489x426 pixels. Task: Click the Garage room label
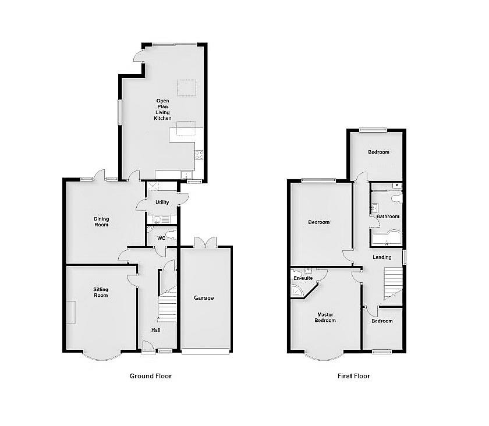(x=204, y=298)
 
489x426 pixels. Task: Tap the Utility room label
(x=162, y=203)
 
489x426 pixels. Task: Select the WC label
(x=161, y=238)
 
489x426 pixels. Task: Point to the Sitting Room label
(x=101, y=292)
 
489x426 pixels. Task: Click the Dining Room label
(x=101, y=222)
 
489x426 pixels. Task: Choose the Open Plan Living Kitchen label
(x=162, y=109)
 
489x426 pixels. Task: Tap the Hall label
(x=156, y=330)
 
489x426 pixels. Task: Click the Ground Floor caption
(x=151, y=376)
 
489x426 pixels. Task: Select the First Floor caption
(x=354, y=376)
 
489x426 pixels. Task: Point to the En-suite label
(x=303, y=278)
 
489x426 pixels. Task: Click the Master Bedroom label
(x=325, y=318)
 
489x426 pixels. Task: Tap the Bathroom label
(x=388, y=216)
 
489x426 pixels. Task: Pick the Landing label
(x=382, y=257)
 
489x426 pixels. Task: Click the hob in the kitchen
(x=199, y=155)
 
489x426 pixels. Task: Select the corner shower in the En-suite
(x=297, y=290)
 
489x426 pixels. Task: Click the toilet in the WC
(x=172, y=236)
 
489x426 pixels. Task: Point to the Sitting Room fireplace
(x=71, y=312)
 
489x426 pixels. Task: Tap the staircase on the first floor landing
(x=393, y=283)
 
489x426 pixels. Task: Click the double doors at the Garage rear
(x=205, y=243)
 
